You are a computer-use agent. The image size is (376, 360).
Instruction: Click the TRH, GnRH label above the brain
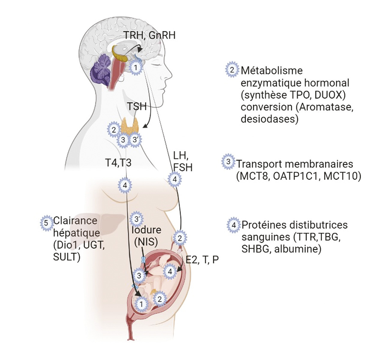coord(149,35)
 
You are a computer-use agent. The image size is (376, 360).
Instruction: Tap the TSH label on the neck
coord(137,106)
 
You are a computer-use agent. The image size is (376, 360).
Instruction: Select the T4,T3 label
coord(118,162)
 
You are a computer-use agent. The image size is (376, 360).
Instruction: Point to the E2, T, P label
coord(202,260)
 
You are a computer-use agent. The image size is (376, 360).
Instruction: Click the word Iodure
coord(146,230)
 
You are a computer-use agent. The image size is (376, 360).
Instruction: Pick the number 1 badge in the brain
coord(136,68)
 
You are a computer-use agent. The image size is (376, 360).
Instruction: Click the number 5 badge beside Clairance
coord(46,223)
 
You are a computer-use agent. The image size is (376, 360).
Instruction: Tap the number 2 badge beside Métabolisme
coord(232,70)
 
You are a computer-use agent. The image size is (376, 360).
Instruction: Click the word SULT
coord(66,257)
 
